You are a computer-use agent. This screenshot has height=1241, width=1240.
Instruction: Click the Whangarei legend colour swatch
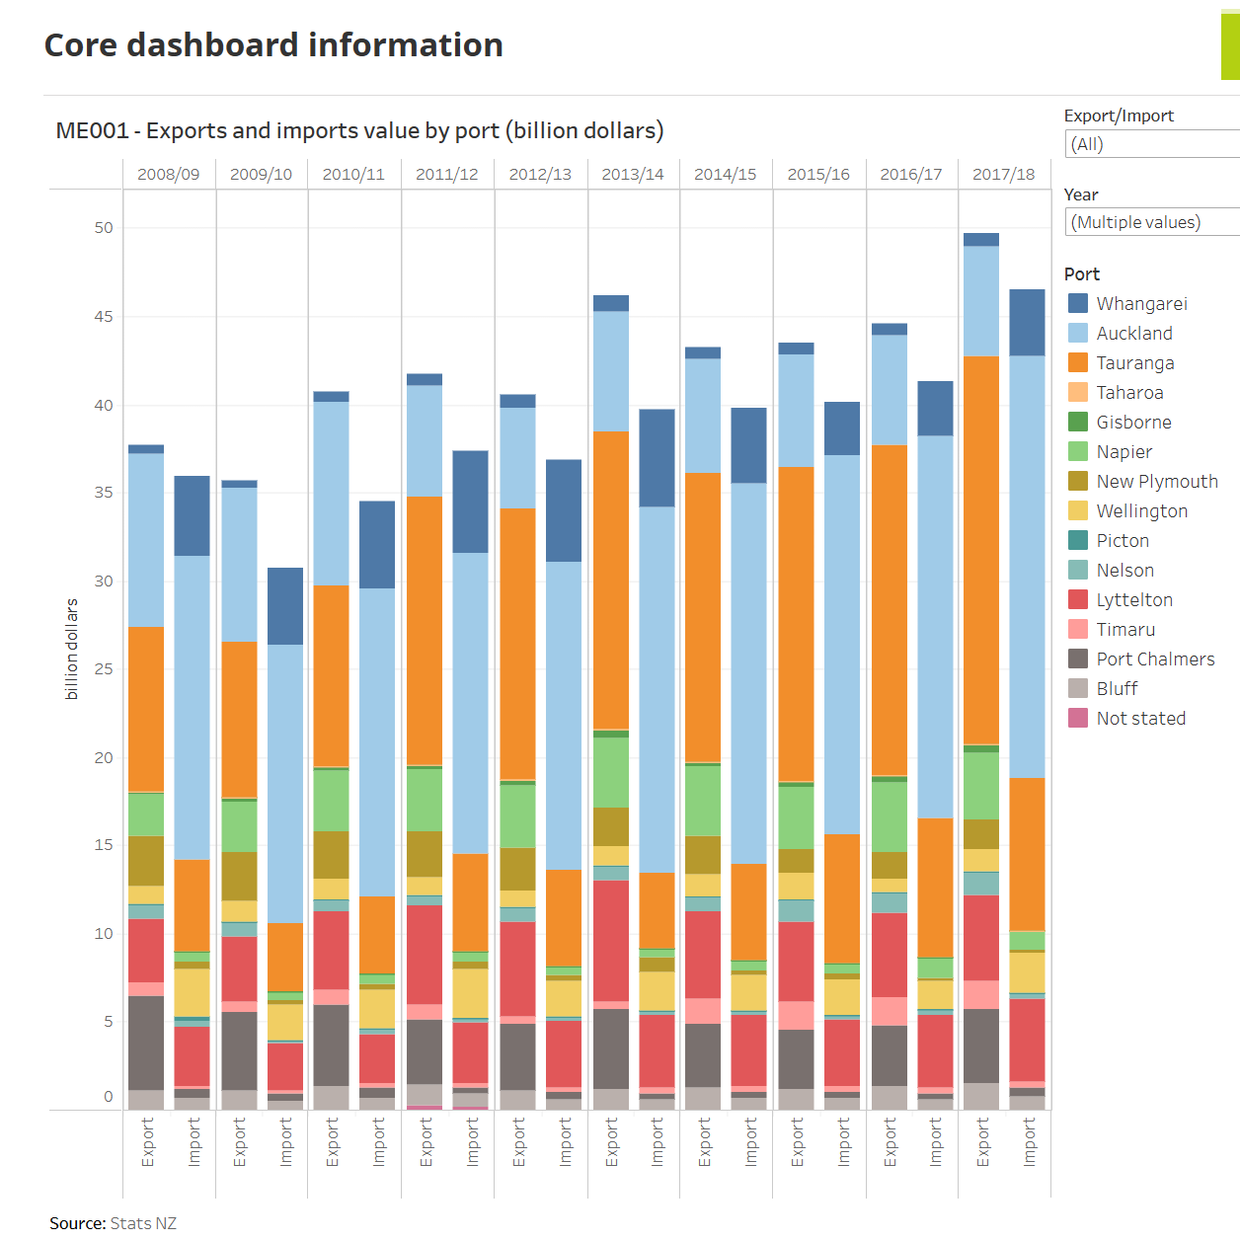[1078, 304]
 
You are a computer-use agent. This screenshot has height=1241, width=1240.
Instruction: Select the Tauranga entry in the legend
[1135, 363]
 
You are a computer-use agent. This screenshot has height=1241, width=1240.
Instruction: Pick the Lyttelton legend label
[1134, 600]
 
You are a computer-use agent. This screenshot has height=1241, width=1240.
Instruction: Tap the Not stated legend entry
[1140, 719]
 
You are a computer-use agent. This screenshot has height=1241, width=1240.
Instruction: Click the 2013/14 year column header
[633, 175]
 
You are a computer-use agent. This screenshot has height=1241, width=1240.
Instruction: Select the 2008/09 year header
[168, 175]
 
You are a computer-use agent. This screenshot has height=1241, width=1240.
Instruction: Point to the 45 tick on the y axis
[104, 317]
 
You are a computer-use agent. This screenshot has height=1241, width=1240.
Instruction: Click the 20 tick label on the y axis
[104, 758]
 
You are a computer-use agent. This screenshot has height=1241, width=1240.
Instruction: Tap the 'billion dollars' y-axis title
[71, 649]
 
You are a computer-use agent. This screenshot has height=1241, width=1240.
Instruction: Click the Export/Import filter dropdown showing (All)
[1151, 144]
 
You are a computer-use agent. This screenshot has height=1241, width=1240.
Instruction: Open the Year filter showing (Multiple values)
[1151, 223]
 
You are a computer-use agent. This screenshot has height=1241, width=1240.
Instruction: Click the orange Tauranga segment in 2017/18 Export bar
[981, 550]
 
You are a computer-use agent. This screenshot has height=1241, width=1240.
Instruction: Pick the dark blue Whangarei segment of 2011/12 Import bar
[470, 502]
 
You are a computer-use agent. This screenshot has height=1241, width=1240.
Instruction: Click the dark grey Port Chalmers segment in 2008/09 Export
[146, 1043]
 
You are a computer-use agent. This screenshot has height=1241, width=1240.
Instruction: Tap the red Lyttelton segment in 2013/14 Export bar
[611, 940]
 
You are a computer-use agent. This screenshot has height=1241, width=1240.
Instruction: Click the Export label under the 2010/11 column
[333, 1142]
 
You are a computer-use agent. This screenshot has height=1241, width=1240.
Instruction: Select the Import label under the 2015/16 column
[844, 1142]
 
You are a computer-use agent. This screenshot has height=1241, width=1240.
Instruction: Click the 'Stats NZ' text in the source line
[143, 1223]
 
